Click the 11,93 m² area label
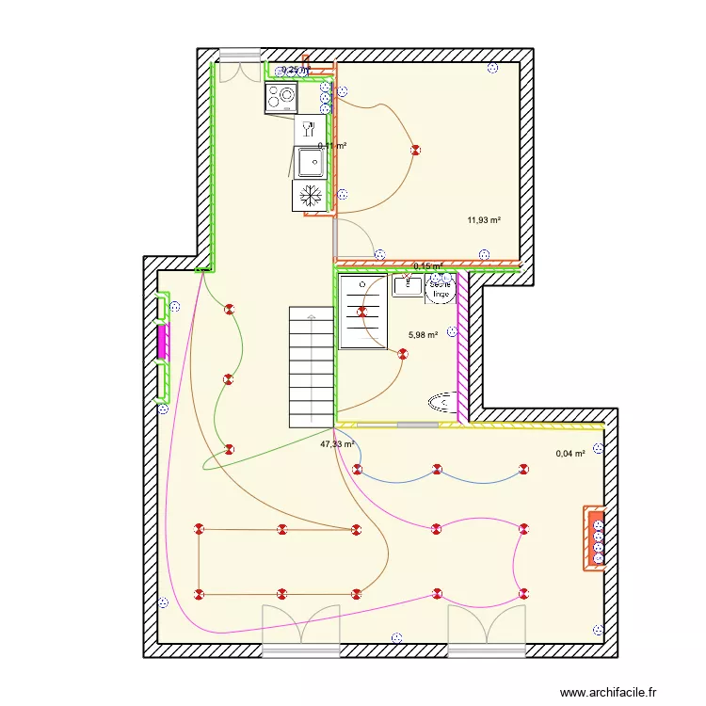pos(484,220)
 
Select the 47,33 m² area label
pos(336,444)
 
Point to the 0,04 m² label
pos(570,454)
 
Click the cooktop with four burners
pos(281,97)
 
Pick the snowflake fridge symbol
pos(309,196)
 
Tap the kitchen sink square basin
pos(310,162)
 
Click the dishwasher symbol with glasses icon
pos(309,128)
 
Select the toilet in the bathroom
pos(443,404)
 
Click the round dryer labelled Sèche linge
pos(441,289)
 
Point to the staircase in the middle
pos(310,367)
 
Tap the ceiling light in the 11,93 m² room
pos(414,151)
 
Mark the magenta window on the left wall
pos(162,342)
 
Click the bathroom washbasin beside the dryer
pos(407,284)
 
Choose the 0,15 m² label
pos(427,266)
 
